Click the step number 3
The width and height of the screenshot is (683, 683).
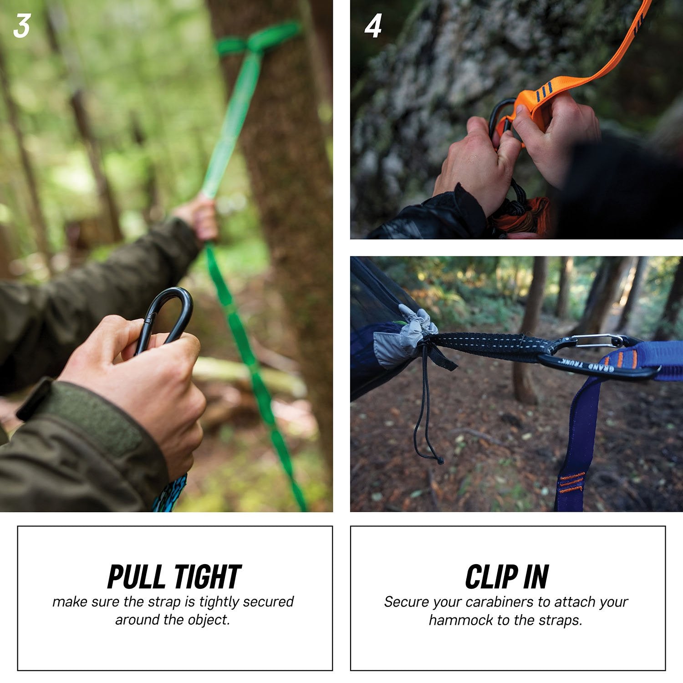[21, 26]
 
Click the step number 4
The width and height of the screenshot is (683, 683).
[372, 26]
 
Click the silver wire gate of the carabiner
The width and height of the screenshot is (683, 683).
[594, 339]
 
